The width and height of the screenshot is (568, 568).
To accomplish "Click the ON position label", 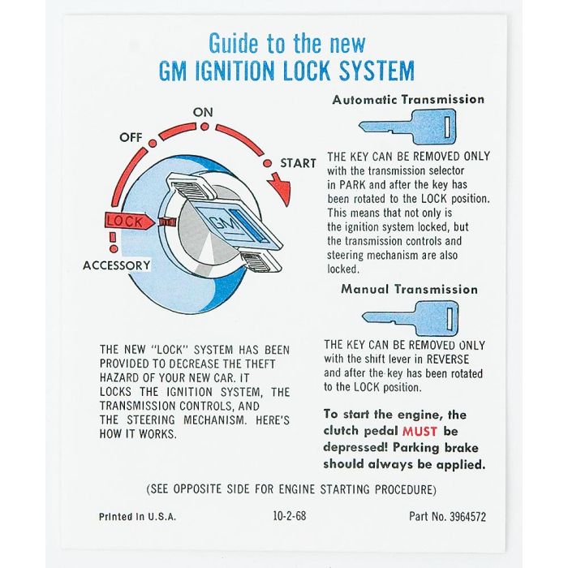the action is (203, 112).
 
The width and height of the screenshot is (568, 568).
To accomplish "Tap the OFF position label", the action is (131, 137).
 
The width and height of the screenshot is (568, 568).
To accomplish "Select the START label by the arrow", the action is (298, 163).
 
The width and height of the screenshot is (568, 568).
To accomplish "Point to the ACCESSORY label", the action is (116, 265).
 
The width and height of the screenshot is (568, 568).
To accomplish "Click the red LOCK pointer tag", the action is (128, 222).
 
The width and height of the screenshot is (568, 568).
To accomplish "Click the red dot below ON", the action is (204, 127).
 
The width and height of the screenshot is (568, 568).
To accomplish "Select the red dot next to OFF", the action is (153, 144).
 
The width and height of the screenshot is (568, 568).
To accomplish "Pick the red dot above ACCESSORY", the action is (114, 249).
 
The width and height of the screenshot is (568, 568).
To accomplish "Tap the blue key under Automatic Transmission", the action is (407, 127).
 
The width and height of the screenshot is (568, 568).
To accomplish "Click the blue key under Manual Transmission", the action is (411, 318).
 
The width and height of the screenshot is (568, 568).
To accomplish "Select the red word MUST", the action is (420, 432).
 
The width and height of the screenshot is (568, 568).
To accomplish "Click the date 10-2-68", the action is (290, 515).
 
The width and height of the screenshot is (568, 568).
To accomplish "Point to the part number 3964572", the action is (467, 517).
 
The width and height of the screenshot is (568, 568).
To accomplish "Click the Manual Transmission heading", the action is (409, 289).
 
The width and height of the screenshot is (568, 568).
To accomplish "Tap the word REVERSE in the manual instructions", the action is (448, 359).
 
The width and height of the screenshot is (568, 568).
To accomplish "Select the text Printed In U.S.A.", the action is (138, 517).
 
